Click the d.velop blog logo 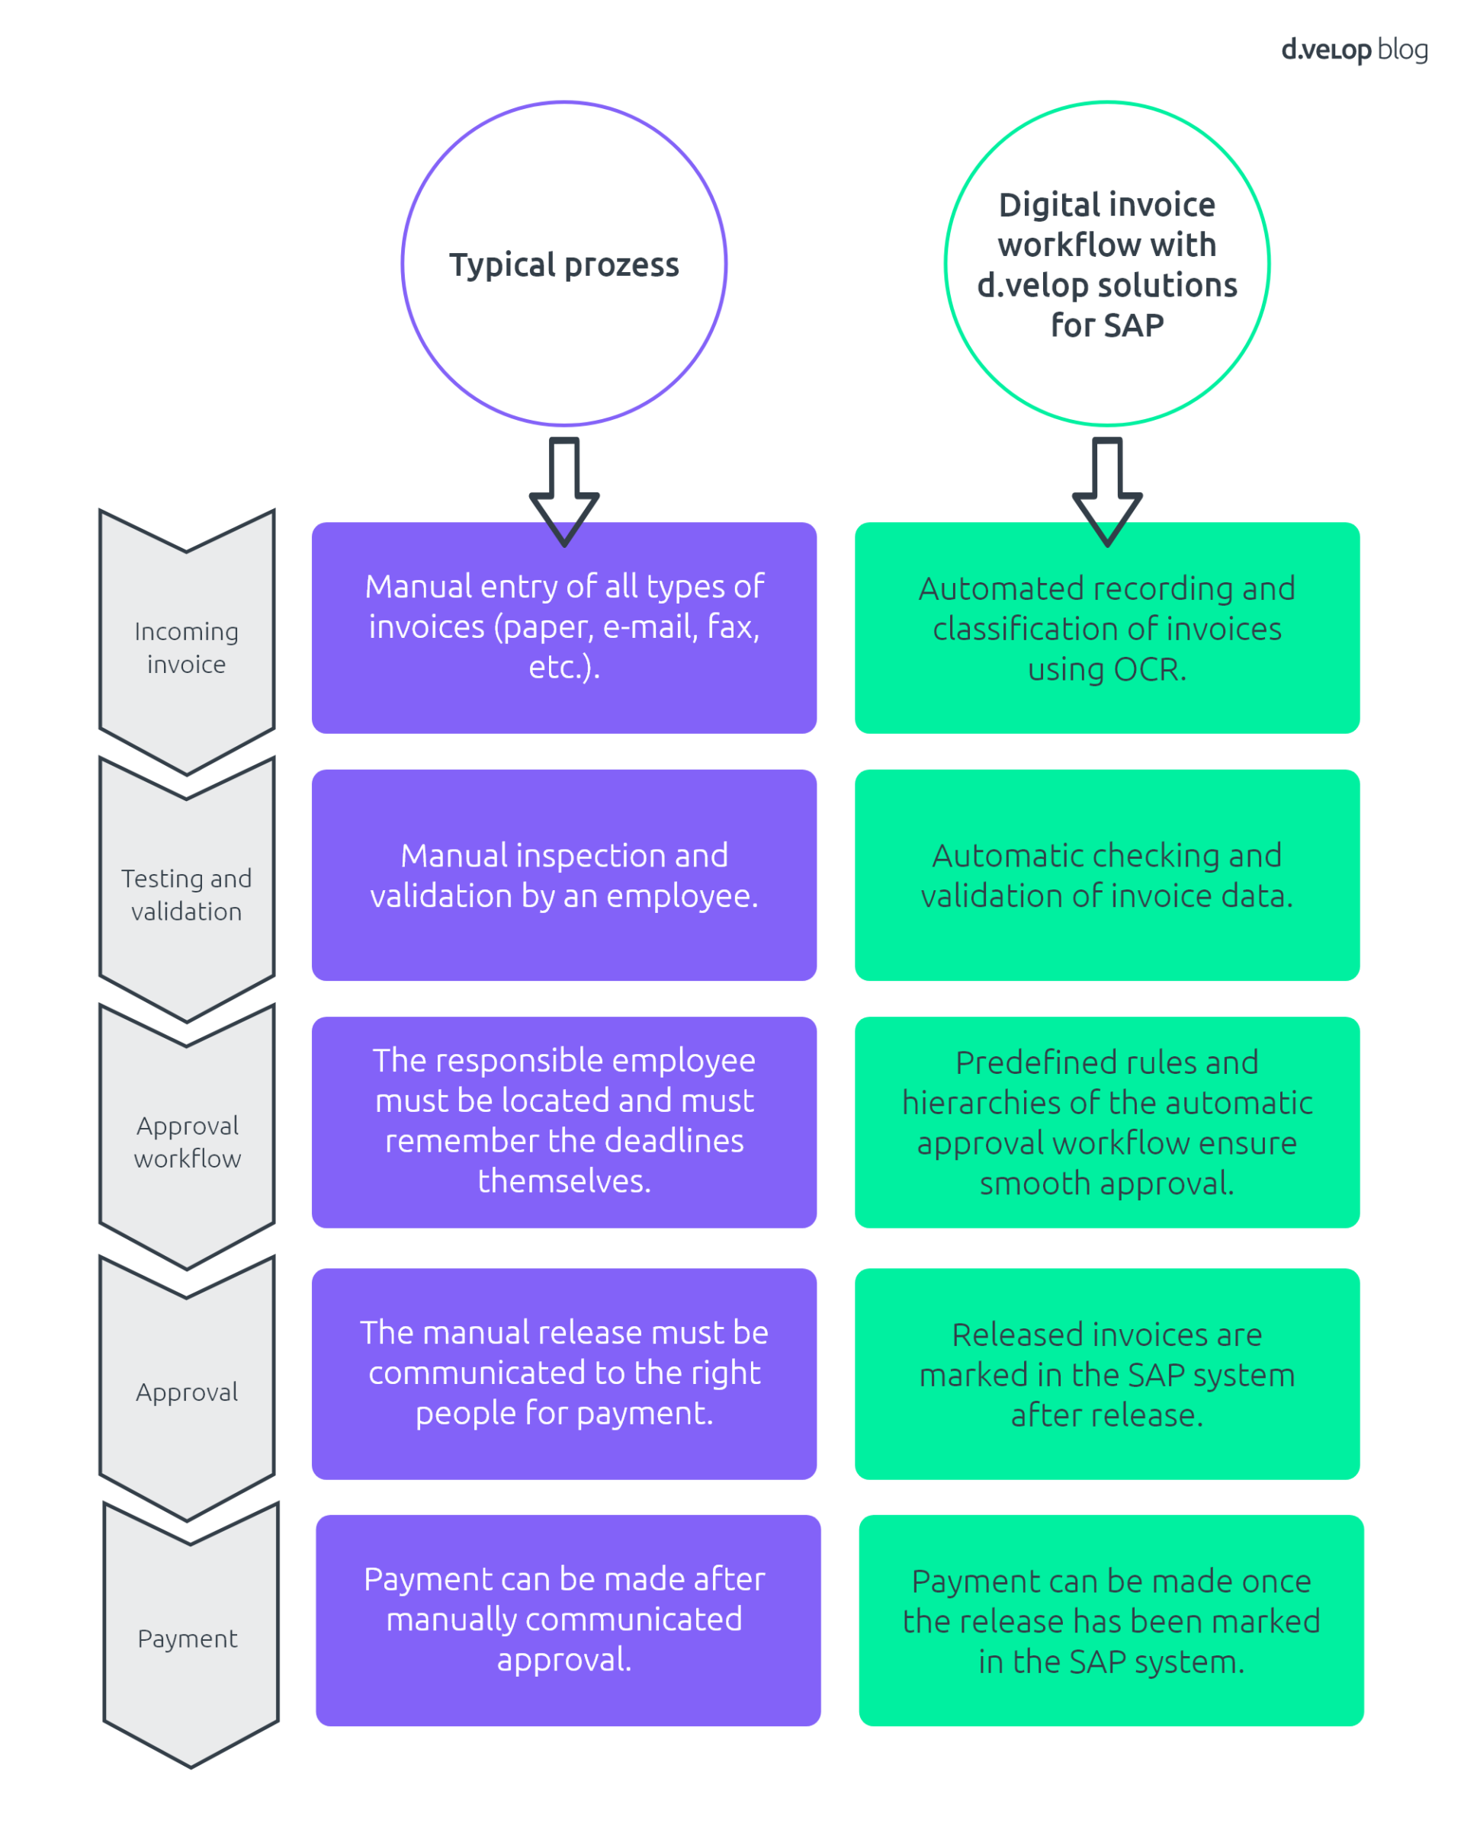(1353, 50)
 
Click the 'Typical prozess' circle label (564, 264)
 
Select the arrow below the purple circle (564, 493)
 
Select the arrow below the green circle (1106, 493)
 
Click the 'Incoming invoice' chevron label (186, 647)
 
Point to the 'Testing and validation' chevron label (186, 895)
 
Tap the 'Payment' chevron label (188, 1639)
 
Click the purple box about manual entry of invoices (564, 628)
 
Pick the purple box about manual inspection (564, 875)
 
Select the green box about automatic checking (1106, 875)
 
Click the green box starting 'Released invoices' (1106, 1374)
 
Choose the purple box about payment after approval (567, 1620)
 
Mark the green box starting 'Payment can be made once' (1111, 1620)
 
